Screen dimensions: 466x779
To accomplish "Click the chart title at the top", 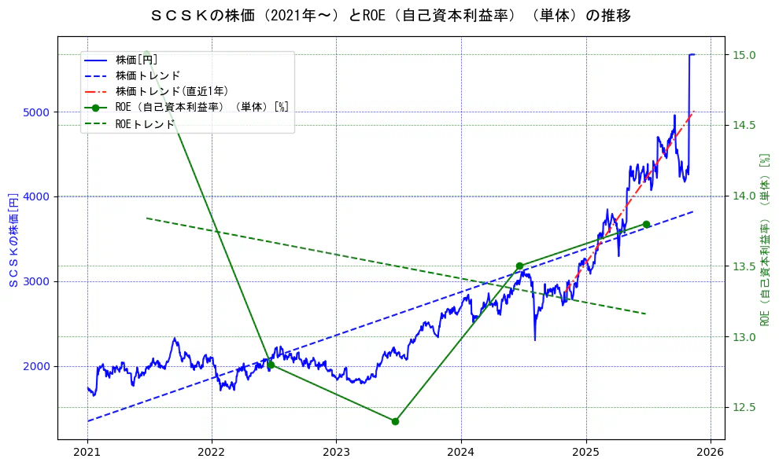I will coord(389,16).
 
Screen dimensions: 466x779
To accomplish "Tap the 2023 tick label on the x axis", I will coord(336,453).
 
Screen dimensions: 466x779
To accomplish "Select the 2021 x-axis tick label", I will coord(87,453).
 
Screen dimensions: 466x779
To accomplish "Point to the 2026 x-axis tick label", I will coord(710,453).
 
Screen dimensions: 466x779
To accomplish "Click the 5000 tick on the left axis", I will coord(39,112).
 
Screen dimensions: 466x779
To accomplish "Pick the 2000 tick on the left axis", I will coord(39,366).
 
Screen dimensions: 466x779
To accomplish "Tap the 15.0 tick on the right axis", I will coord(744,55).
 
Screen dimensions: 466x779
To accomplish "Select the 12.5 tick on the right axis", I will coord(744,407).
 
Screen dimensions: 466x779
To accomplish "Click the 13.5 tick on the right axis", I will coord(744,266).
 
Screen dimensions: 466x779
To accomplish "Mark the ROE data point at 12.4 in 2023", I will coord(395,421).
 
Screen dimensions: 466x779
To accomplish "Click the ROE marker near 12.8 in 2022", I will coord(271,365).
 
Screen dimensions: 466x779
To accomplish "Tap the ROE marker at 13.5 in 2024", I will coord(519,266).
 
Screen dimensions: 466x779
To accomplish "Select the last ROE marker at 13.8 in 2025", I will coord(646,224).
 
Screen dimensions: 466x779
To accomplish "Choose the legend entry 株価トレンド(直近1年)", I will coord(172,91).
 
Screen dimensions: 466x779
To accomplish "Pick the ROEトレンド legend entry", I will coord(145,123).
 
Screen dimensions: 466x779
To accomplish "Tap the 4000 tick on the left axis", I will coord(39,196).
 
